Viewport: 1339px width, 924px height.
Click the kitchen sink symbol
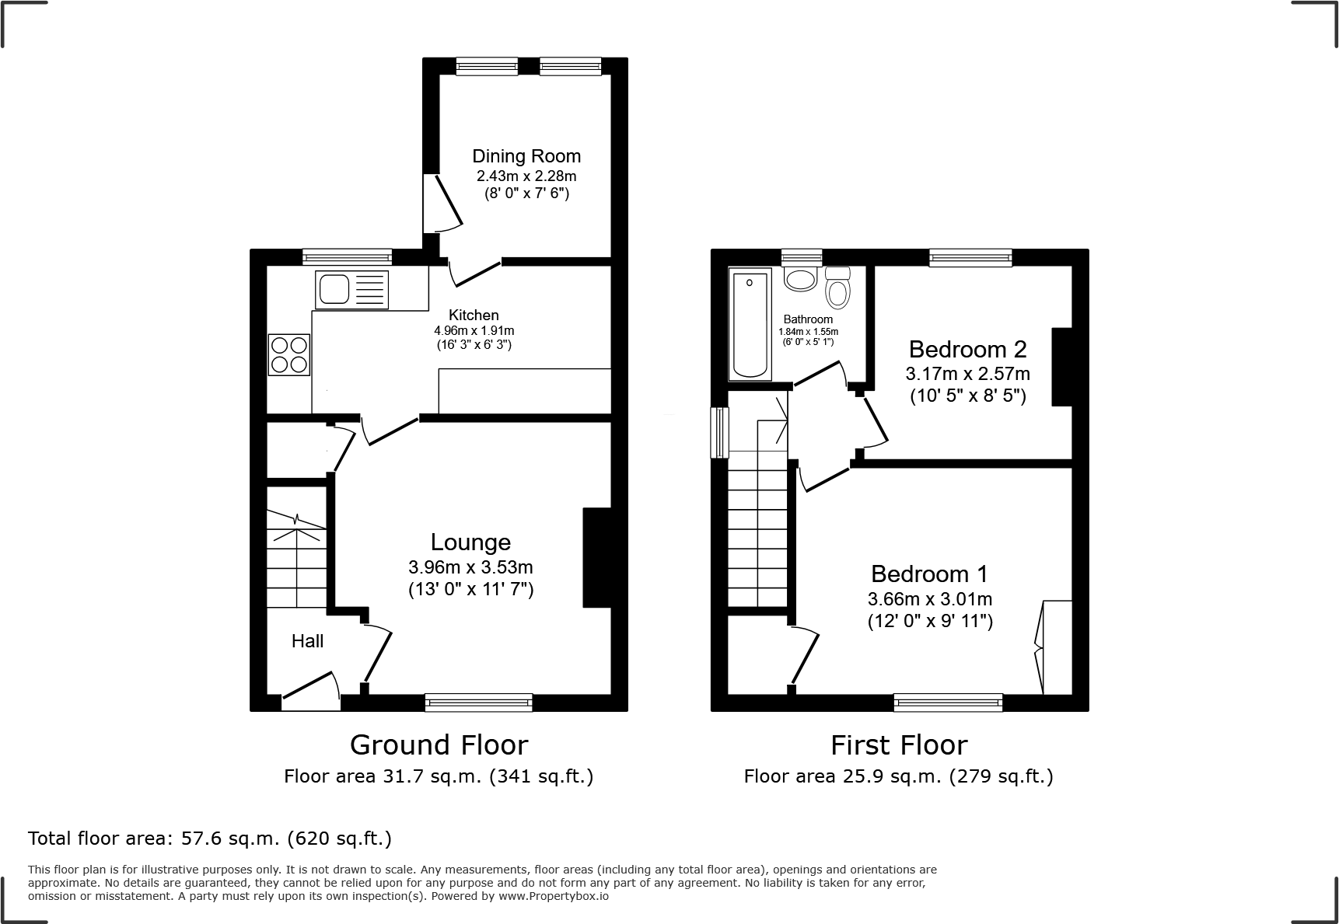pos(351,290)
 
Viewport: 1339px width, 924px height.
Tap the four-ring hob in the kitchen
pos(289,354)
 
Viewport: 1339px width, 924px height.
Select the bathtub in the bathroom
pos(750,325)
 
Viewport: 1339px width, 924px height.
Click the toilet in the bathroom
pos(837,288)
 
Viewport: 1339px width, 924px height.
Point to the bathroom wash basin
pos(800,278)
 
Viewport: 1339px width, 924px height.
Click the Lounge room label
pos(470,542)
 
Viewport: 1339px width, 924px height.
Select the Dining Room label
pos(526,156)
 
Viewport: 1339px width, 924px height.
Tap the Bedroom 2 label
pos(967,349)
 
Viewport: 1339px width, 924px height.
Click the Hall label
pos(307,641)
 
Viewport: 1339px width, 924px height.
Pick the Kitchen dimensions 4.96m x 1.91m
pos(474,330)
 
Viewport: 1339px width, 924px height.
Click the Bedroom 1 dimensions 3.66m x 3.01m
pos(929,599)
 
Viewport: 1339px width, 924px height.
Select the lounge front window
pos(478,703)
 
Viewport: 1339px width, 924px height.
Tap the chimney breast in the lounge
pos(597,557)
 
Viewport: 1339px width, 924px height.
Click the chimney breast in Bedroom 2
pos(1061,367)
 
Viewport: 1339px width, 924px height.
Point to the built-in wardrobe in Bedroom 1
pos(1057,647)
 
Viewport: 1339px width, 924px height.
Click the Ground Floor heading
pos(439,745)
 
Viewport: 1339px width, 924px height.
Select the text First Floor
pos(898,745)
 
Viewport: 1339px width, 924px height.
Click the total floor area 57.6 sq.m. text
pos(209,839)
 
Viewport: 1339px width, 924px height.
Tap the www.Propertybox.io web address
pos(554,896)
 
